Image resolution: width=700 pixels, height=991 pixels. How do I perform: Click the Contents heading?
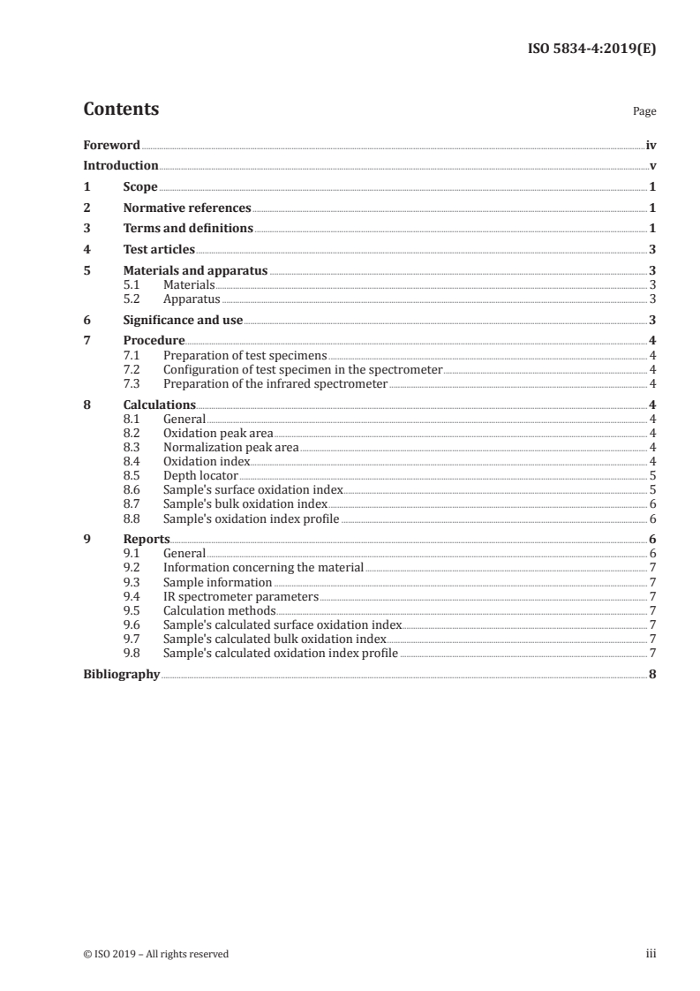[x=121, y=110]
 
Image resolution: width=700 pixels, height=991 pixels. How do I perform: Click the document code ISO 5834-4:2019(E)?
[x=591, y=49]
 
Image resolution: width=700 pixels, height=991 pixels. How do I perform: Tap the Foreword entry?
[x=111, y=145]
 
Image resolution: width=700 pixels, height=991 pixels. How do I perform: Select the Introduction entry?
[x=121, y=165]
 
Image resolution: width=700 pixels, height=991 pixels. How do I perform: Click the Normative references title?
[x=187, y=208]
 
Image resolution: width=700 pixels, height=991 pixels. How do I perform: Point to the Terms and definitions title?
[x=188, y=229]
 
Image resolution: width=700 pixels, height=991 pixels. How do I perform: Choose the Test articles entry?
[x=159, y=250]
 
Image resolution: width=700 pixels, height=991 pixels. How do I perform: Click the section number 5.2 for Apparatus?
[x=132, y=299]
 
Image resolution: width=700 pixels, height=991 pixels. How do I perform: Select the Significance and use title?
[x=183, y=320]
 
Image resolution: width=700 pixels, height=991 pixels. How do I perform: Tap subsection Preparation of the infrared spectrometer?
[x=275, y=383]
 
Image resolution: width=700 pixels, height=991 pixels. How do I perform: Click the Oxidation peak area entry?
[x=218, y=433]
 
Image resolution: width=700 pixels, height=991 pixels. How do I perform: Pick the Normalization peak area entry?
[x=231, y=447]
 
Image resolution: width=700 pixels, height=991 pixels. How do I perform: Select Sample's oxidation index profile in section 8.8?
[x=252, y=518]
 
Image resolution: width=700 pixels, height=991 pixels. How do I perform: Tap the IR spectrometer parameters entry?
[x=241, y=596]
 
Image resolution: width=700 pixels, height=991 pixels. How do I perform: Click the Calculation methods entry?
[x=220, y=610]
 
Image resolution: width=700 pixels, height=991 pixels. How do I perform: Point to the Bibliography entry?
[x=121, y=674]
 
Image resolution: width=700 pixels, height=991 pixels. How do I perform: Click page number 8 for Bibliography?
[x=651, y=674]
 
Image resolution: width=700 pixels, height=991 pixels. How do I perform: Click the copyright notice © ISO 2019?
[x=156, y=954]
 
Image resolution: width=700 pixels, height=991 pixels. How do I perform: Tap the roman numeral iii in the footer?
[x=651, y=954]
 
